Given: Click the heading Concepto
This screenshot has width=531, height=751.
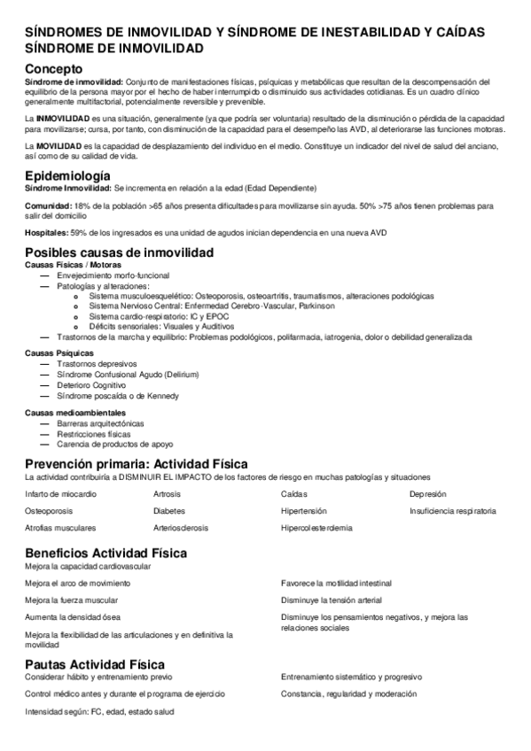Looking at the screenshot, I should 54,68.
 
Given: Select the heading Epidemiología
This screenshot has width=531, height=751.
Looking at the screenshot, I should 67,174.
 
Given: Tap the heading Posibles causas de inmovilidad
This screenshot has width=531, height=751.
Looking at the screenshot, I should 119,252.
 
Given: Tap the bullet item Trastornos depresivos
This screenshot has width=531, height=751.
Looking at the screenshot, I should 96,364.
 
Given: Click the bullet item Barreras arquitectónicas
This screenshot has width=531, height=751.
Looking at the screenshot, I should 99,423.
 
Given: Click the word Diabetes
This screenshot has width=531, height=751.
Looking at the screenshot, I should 168,511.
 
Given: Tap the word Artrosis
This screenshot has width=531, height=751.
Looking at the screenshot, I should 167,493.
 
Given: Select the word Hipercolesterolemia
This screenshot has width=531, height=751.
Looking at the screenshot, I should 316,528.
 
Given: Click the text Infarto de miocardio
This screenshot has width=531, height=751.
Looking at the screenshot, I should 61,493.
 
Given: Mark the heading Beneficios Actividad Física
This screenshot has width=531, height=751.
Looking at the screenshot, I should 105,553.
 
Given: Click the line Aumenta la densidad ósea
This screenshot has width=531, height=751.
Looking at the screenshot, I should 73,616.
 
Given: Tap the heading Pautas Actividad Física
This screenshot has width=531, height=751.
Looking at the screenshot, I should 94,664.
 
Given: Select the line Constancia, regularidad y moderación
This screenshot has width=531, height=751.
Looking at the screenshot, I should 348,693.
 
